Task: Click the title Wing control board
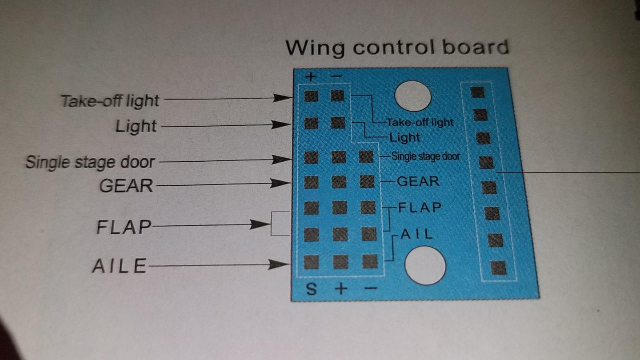click(x=397, y=48)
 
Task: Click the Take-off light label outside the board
click(x=110, y=101)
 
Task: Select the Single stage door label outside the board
click(x=90, y=163)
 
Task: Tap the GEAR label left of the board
click(x=126, y=186)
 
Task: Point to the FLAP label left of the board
click(x=124, y=227)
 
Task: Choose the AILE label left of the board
click(x=120, y=266)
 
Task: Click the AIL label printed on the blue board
click(x=416, y=235)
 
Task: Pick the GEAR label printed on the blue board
click(x=418, y=182)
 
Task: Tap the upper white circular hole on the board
click(x=412, y=96)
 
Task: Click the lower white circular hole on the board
click(x=425, y=265)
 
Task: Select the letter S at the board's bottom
click(x=312, y=289)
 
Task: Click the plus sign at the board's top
click(x=311, y=77)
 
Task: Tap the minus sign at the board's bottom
click(x=371, y=288)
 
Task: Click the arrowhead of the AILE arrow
click(x=279, y=264)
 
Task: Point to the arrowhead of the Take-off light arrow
click(x=282, y=98)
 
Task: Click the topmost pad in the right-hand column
click(x=477, y=92)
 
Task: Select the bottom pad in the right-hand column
click(x=499, y=268)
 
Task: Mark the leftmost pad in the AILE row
click(x=311, y=262)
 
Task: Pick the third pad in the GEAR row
click(x=367, y=182)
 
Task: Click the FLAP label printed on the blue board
click(x=420, y=208)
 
